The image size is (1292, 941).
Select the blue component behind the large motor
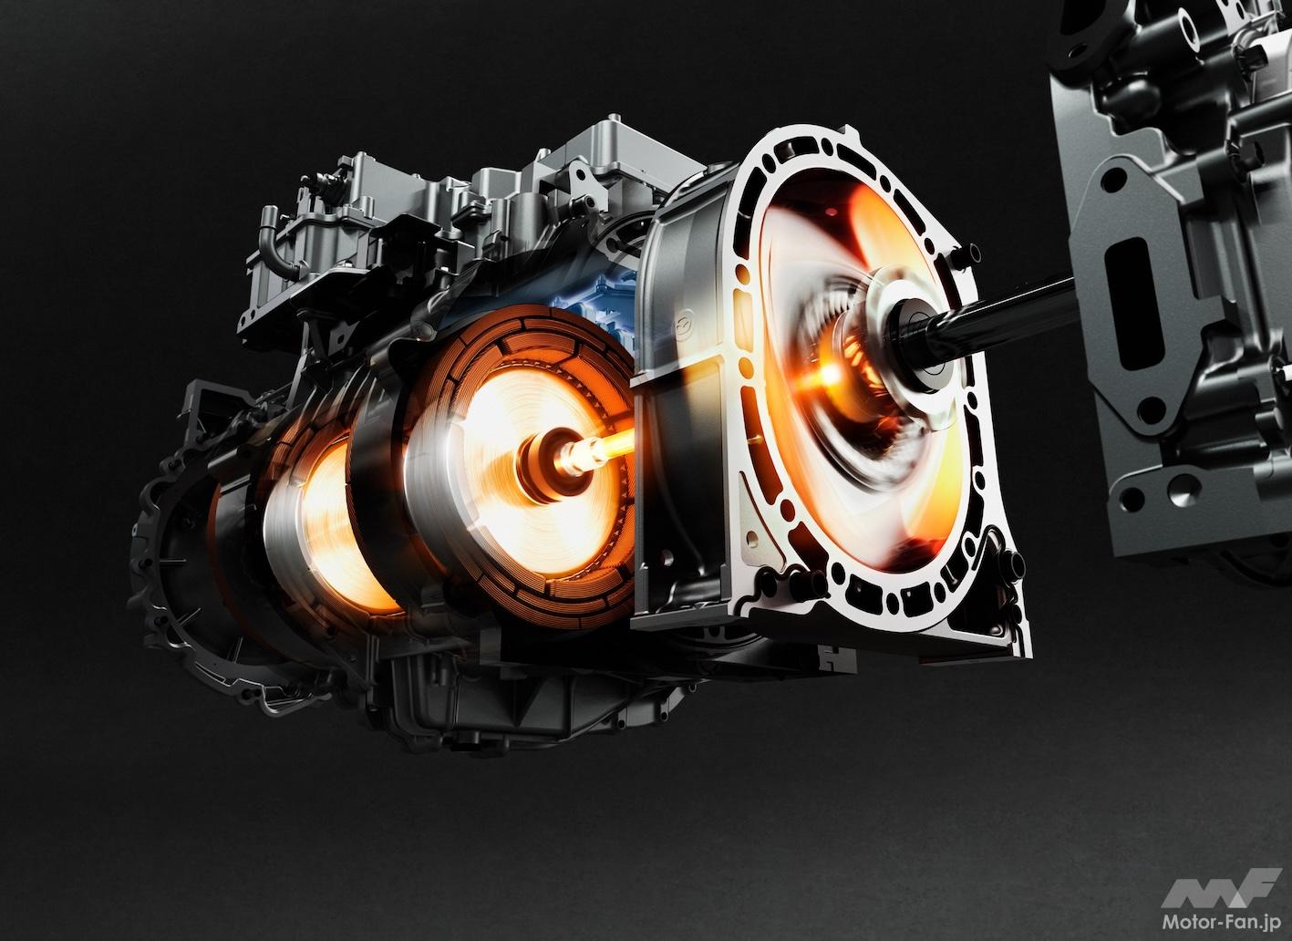[594, 305]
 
